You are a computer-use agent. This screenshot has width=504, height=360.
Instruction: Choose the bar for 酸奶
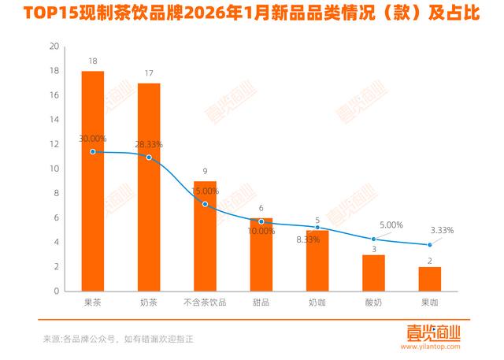pos(373,273)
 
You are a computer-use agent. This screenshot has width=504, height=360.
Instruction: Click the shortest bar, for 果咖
pos(430,279)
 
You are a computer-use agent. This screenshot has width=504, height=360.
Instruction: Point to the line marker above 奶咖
pos(317,227)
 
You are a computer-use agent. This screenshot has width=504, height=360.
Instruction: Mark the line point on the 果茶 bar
pos(93,151)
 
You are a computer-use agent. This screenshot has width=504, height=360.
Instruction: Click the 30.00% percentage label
pos(94,139)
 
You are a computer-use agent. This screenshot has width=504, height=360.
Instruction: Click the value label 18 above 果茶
pos(93,61)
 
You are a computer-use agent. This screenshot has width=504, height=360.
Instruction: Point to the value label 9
pos(205,171)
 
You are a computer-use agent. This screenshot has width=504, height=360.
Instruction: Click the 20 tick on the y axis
pos(54,46)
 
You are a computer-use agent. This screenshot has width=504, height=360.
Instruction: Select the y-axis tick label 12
pos(54,144)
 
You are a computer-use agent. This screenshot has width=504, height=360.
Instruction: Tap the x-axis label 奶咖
pos(317,302)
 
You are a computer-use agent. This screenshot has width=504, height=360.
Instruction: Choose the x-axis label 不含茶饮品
pos(205,302)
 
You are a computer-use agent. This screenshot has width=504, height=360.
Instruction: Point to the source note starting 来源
pos(118,339)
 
